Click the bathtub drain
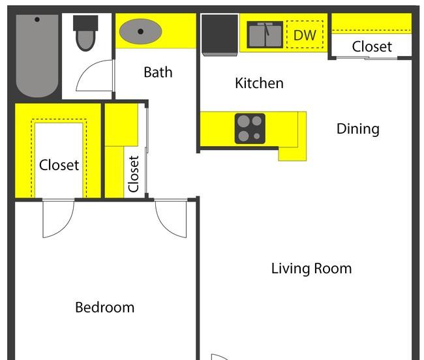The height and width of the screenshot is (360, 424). [37, 20]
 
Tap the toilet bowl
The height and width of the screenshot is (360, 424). [85, 40]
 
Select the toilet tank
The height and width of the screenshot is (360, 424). [85, 23]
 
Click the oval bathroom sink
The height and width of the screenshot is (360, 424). [141, 31]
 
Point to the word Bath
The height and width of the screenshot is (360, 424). [159, 72]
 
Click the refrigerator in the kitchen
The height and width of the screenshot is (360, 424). [220, 35]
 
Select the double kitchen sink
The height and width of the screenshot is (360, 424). [265, 35]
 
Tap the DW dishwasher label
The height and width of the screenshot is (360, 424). [305, 35]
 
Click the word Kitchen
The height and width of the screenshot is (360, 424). [260, 83]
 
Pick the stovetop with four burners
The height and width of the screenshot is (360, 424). [250, 128]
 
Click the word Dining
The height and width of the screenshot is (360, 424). [358, 129]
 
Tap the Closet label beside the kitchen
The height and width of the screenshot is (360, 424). [372, 46]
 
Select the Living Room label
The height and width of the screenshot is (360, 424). [312, 269]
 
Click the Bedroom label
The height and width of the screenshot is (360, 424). [105, 307]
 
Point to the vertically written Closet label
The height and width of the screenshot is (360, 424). [134, 174]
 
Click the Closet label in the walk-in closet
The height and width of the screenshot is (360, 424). [59, 165]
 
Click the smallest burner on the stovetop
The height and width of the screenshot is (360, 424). [257, 136]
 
